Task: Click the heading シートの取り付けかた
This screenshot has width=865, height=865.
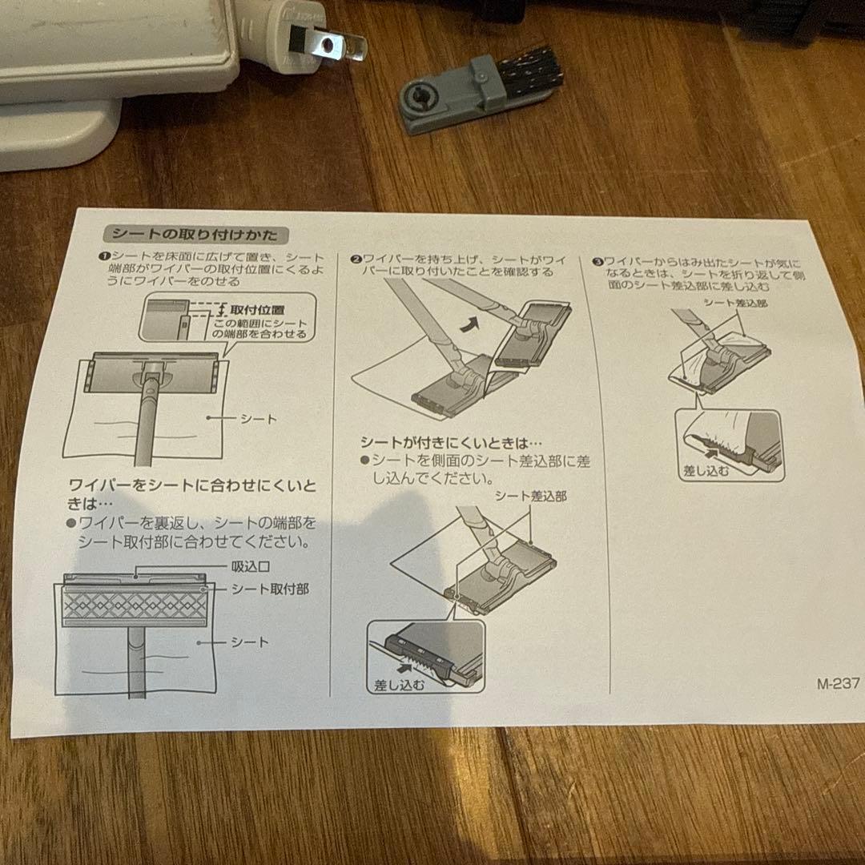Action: pyautogui.click(x=195, y=235)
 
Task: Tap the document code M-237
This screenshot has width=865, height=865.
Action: pyautogui.click(x=838, y=684)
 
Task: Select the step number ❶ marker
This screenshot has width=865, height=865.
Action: pyautogui.click(x=103, y=255)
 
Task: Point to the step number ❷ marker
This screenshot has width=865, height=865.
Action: pyautogui.click(x=355, y=259)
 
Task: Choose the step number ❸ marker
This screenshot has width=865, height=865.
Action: pyautogui.click(x=597, y=262)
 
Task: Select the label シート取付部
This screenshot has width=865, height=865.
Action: pyautogui.click(x=269, y=589)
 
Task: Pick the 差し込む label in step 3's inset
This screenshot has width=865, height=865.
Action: pyautogui.click(x=706, y=470)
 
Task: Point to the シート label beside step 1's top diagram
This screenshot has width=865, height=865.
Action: pyautogui.click(x=258, y=419)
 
